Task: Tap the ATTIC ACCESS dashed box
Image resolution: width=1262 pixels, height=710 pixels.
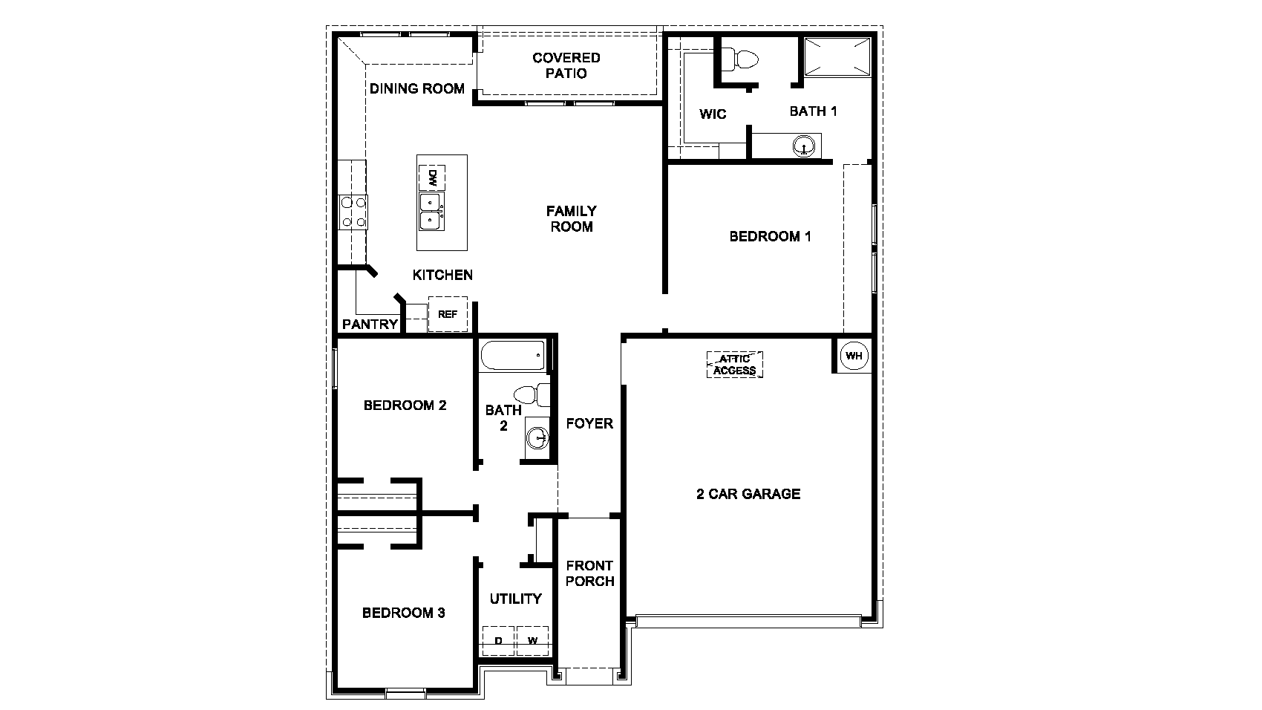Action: (x=735, y=365)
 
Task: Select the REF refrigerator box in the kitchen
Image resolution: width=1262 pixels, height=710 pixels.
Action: (x=448, y=314)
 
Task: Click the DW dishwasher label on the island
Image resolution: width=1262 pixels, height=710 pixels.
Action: (x=431, y=178)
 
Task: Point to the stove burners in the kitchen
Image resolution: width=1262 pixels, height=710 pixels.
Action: (x=353, y=211)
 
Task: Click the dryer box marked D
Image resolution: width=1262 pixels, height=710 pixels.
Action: (x=499, y=641)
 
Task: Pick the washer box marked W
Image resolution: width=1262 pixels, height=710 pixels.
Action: (x=533, y=641)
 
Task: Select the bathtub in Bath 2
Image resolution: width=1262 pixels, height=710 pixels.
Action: (x=513, y=356)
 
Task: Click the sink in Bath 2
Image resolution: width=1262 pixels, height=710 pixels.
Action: (x=538, y=439)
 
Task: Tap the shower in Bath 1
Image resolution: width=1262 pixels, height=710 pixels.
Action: (x=837, y=57)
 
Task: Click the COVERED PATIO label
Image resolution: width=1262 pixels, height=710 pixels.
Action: (x=566, y=65)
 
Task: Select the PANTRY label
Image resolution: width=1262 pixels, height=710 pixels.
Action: (x=370, y=325)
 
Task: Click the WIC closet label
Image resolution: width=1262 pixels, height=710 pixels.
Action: (x=713, y=114)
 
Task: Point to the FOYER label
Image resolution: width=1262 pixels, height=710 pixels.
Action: (x=589, y=423)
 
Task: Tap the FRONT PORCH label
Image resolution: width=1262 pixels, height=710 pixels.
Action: (x=589, y=573)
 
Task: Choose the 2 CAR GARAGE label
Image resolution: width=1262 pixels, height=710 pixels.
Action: (x=748, y=494)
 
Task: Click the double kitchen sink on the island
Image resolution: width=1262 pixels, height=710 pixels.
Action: (x=431, y=211)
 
